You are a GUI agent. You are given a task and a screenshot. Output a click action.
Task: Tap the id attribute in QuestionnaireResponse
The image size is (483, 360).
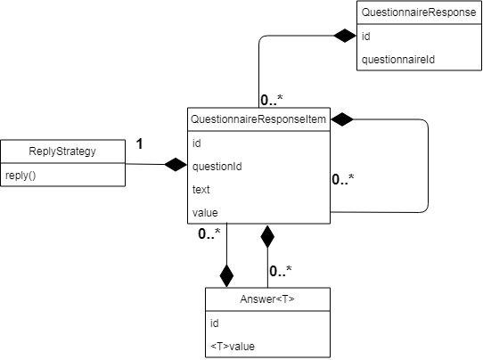366,38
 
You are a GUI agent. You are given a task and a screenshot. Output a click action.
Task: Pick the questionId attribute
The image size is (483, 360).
217,166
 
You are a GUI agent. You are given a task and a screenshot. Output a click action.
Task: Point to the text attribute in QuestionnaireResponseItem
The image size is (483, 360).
201,189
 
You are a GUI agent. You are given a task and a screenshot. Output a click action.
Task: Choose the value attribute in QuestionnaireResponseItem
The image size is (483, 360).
205,212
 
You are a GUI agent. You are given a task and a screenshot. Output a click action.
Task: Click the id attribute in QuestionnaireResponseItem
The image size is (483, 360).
197,143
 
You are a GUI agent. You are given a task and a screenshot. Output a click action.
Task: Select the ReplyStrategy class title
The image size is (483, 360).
63,151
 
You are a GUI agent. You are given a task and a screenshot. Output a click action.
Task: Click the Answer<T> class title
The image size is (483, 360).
267,299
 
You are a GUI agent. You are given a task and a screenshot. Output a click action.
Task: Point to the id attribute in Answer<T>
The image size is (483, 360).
215,323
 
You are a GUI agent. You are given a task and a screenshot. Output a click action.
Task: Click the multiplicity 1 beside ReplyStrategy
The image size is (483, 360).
140,142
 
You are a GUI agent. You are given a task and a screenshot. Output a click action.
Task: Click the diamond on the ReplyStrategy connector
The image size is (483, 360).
174,164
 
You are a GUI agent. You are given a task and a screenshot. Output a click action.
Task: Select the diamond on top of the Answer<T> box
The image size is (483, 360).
226,274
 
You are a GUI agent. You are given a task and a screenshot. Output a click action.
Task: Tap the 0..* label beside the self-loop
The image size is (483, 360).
343,179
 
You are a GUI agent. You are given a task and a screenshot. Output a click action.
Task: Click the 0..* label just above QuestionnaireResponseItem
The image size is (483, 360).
273,99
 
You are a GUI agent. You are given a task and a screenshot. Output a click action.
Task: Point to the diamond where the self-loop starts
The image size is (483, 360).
343,119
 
